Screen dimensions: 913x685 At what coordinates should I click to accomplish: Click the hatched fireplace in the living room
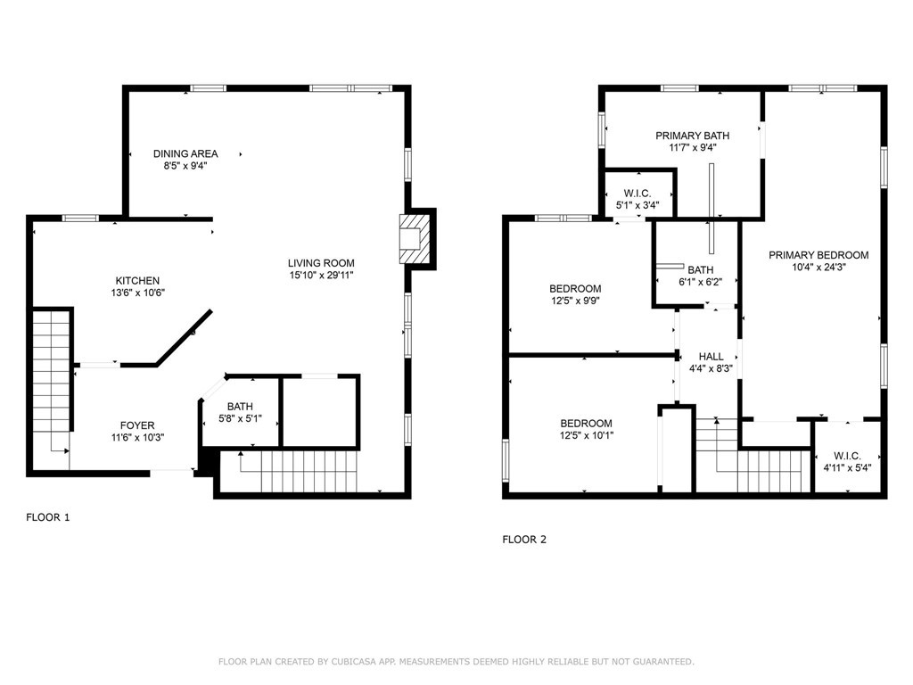415,239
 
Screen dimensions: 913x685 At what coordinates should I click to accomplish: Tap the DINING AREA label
185,153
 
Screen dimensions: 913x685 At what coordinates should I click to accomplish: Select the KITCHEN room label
137,281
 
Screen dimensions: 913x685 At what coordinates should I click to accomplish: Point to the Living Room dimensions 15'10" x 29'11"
321,276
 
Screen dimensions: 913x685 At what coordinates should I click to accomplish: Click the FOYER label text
137,425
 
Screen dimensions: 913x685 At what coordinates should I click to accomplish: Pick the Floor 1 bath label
240,407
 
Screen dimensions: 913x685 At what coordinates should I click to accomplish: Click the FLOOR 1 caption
48,517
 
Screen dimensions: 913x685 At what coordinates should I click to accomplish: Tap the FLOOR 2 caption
524,540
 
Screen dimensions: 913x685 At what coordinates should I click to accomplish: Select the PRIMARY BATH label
692,136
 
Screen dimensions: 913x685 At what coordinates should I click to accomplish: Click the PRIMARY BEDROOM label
818,255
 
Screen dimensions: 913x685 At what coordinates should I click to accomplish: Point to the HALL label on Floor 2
711,357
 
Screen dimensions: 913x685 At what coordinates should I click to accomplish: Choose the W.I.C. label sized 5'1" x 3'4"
637,194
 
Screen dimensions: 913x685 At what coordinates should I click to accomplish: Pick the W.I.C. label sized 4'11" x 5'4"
847,456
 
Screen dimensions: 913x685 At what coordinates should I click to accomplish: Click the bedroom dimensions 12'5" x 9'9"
575,301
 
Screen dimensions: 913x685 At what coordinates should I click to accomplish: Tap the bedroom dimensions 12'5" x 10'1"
587,435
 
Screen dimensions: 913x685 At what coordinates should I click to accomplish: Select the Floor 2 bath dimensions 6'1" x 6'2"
701,282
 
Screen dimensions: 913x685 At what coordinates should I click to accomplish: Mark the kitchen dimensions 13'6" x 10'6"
138,293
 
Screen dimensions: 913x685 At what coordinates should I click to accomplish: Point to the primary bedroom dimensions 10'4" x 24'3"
818,268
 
